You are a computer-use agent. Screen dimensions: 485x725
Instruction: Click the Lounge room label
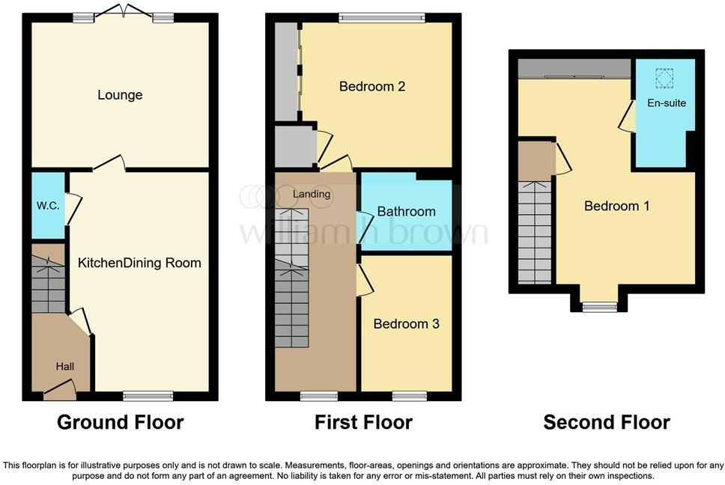pyautogui.click(x=120, y=95)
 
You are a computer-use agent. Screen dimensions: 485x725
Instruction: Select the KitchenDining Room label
pyautogui.click(x=139, y=263)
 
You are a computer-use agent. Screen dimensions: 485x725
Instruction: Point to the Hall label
pyautogui.click(x=64, y=367)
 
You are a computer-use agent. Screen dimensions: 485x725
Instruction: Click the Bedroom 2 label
pyautogui.click(x=372, y=86)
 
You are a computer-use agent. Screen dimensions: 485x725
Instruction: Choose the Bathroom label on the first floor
pyautogui.click(x=406, y=212)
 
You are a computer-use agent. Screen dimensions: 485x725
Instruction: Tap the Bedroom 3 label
pyautogui.click(x=406, y=324)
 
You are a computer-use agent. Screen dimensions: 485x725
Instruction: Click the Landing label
pyautogui.click(x=312, y=194)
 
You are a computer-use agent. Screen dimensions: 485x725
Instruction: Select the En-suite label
pyautogui.click(x=667, y=103)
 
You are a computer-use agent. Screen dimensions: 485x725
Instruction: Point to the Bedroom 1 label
pyautogui.click(x=616, y=206)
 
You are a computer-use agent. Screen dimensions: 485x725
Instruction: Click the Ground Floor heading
pyautogui.click(x=120, y=422)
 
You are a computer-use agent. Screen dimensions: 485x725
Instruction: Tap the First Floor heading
pyautogui.click(x=363, y=422)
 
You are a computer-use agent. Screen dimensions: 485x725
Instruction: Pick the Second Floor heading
pyautogui.click(x=607, y=422)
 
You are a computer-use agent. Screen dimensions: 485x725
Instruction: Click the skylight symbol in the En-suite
pyautogui.click(x=664, y=77)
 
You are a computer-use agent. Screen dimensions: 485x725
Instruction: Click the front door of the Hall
pyautogui.click(x=60, y=388)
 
